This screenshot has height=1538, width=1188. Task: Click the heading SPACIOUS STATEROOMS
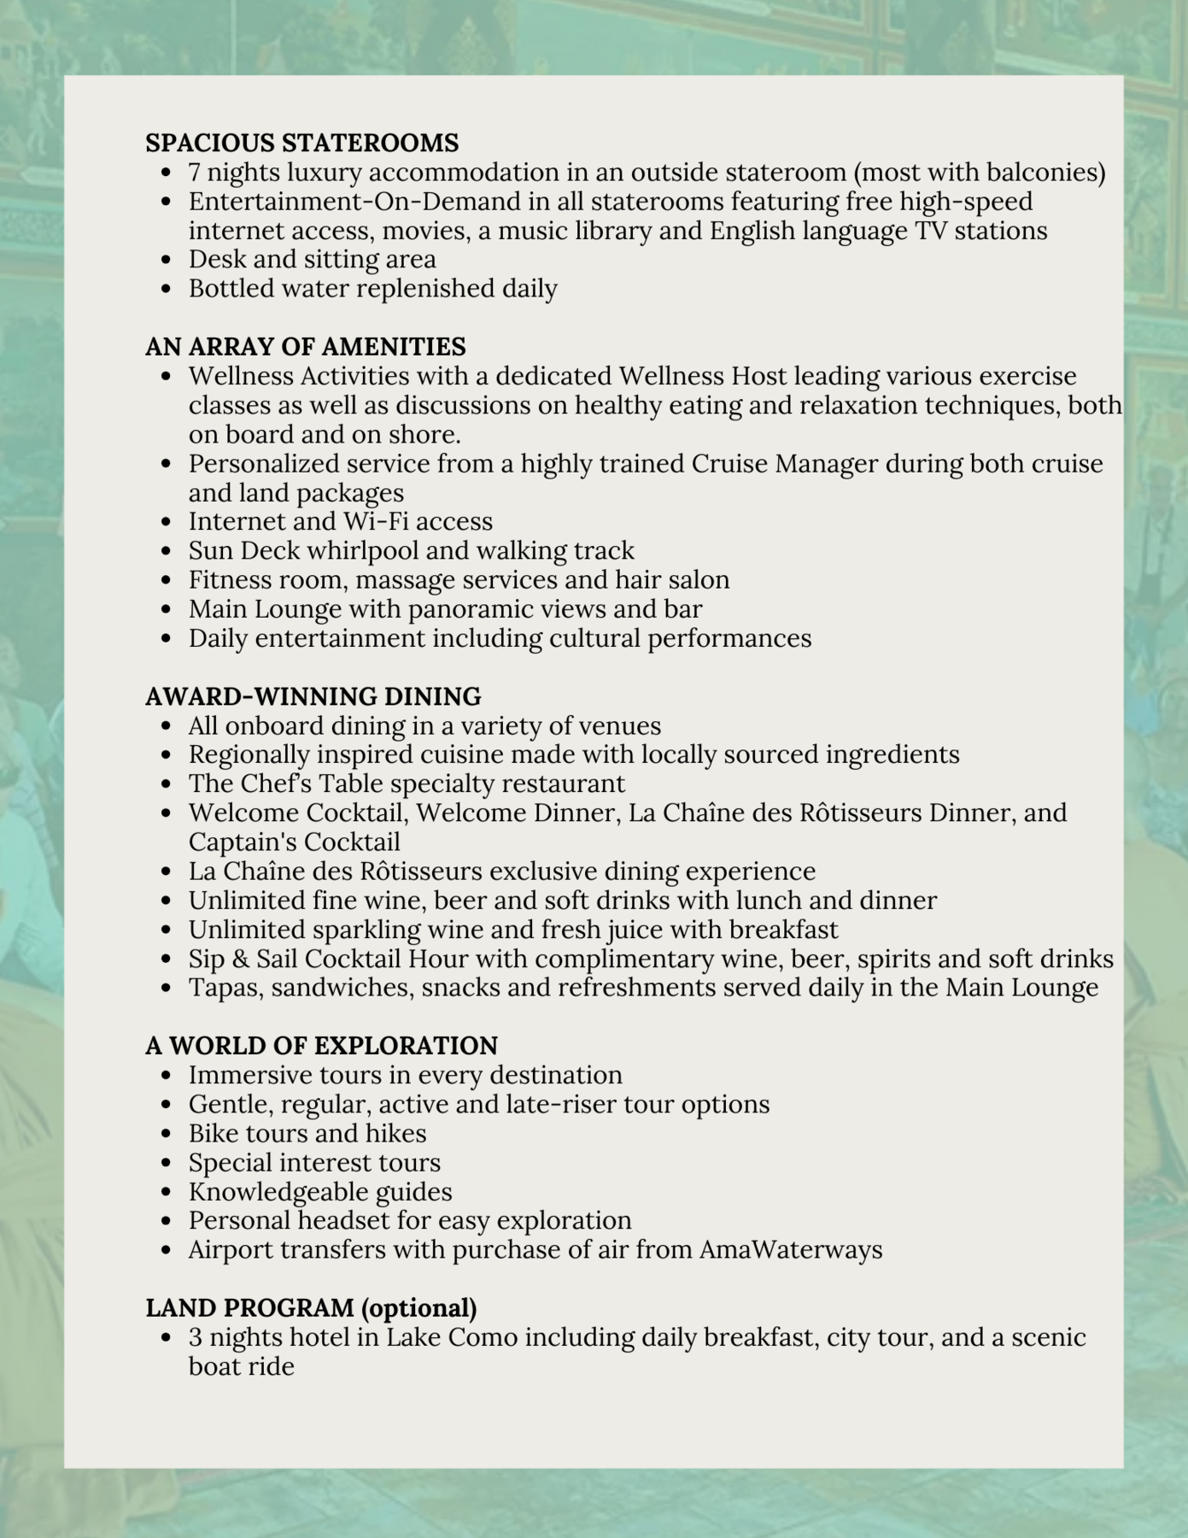pyautogui.click(x=301, y=142)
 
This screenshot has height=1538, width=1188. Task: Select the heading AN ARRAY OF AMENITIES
pyautogui.click(x=305, y=346)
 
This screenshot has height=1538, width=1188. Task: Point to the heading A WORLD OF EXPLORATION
pyautogui.click(x=321, y=1045)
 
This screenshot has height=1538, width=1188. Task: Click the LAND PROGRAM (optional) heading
pyautogui.click(x=311, y=1307)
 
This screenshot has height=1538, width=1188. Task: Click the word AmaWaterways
pyautogui.click(x=791, y=1249)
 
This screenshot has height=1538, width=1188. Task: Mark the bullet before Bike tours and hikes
pyautogui.click(x=167, y=1134)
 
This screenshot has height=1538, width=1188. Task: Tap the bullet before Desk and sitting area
pyautogui.click(x=167, y=260)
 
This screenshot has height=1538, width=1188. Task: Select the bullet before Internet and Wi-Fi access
pyautogui.click(x=167, y=522)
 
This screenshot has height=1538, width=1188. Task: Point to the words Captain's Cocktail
pyautogui.click(x=294, y=842)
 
